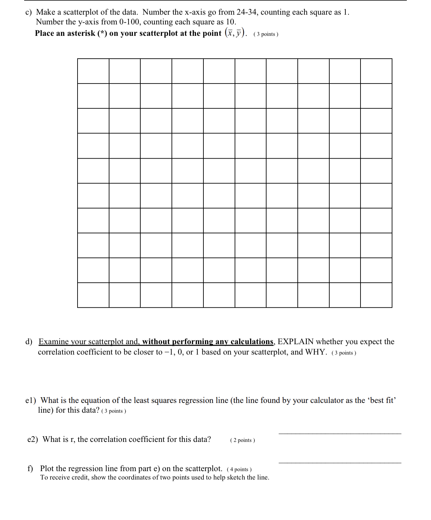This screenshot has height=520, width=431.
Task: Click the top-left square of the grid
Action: [93, 71]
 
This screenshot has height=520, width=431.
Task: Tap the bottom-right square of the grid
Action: [376, 295]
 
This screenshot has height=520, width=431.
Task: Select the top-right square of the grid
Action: [376, 71]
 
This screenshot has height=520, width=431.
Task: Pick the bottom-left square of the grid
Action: [93, 295]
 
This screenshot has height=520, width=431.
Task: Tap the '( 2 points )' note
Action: [242, 440]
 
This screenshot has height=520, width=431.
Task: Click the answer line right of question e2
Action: [340, 434]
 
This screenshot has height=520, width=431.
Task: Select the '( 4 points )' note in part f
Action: [239, 469]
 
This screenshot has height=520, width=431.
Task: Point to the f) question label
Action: [30, 468]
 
